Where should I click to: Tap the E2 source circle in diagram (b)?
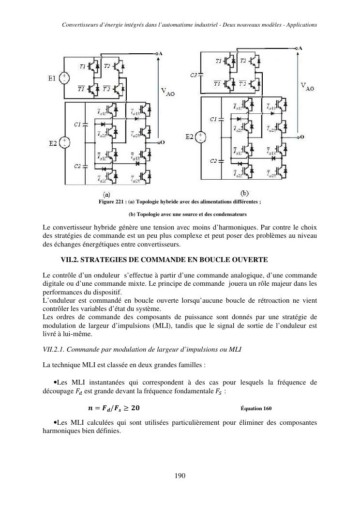[201, 137]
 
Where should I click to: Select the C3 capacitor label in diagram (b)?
[194, 75]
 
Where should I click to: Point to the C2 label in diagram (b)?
[213, 160]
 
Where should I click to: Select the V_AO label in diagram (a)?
[168, 93]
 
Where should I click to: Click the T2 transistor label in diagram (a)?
[106, 66]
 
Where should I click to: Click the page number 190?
[180, 476]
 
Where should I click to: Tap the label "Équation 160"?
[256, 407]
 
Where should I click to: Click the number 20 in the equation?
[137, 407]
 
